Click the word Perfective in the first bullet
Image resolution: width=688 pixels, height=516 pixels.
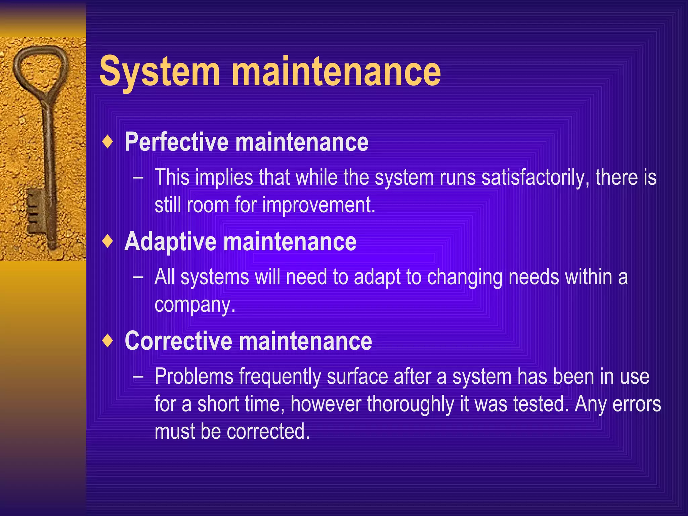[176, 142]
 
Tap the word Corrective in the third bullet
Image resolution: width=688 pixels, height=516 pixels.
[178, 341]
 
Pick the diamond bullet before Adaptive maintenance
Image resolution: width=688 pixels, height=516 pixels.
[107, 241]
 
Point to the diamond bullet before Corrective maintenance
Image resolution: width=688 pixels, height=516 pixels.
[107, 340]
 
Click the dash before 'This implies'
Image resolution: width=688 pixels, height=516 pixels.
[138, 177]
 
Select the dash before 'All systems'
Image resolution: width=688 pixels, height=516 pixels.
[138, 277]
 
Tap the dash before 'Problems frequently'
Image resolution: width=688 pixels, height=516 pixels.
[138, 376]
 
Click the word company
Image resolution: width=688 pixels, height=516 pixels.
[195, 305]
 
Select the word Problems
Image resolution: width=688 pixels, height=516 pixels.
[194, 377]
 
